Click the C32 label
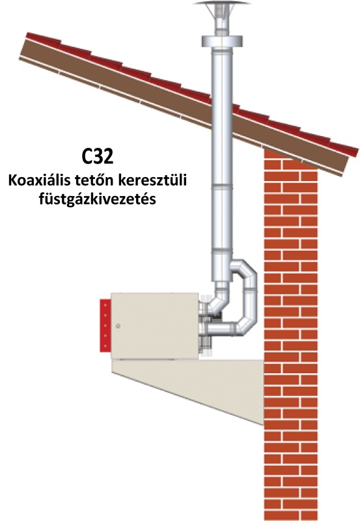[98, 156]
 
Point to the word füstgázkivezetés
[97, 200]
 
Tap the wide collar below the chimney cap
[222, 41]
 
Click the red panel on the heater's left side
[105, 325]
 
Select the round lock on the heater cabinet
[118, 326]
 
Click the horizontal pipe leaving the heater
[221, 329]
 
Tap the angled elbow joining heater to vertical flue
[217, 301]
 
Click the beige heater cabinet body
[155, 326]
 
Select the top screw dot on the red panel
[105, 304]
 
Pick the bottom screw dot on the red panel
[105, 346]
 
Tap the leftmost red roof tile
[43, 38]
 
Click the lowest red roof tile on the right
[344, 149]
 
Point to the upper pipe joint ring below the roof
[222, 186]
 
